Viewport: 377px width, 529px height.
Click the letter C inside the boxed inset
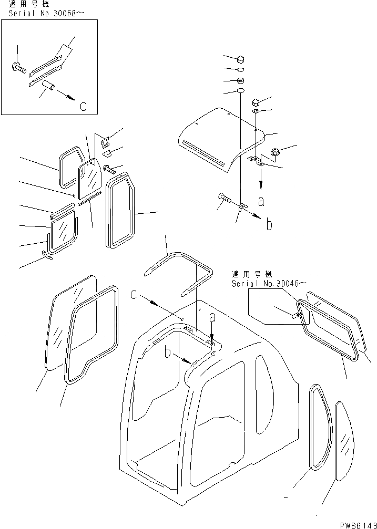pyautogui.click(x=83, y=107)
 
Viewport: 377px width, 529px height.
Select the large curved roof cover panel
pyautogui.click(x=221, y=139)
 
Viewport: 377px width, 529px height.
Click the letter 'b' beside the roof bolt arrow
pyautogui.click(x=269, y=224)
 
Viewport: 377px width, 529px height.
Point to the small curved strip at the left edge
pyautogui.click(x=48, y=255)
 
